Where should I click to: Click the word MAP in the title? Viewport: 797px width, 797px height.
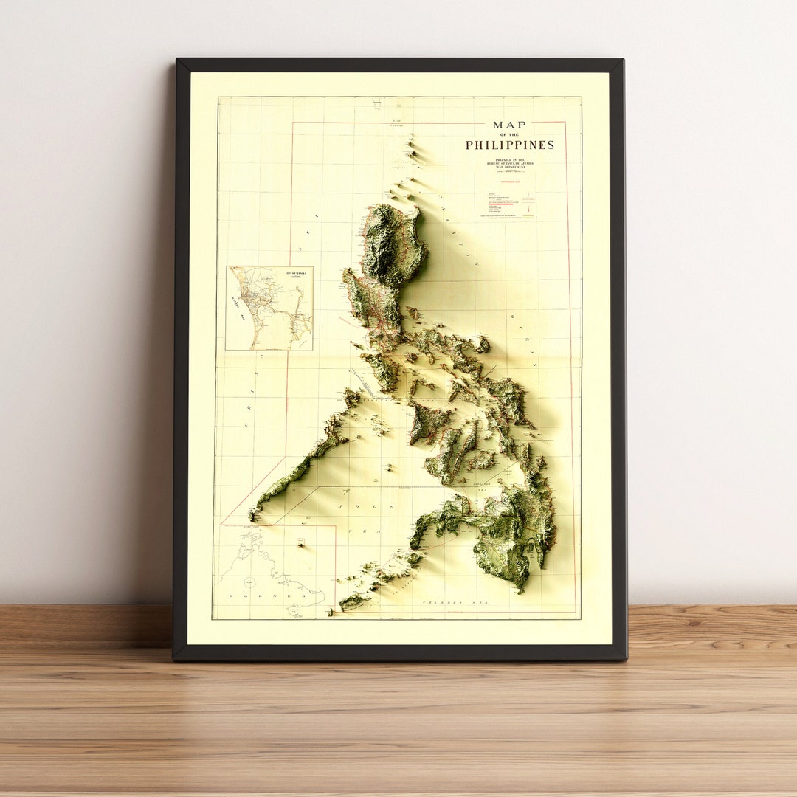(x=510, y=125)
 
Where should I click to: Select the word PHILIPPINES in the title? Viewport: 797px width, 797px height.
(x=509, y=145)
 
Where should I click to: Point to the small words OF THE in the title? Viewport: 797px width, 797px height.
(x=509, y=135)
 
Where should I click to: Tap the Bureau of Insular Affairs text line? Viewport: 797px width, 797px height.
(x=510, y=163)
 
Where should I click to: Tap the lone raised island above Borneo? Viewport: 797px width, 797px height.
(x=300, y=543)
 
